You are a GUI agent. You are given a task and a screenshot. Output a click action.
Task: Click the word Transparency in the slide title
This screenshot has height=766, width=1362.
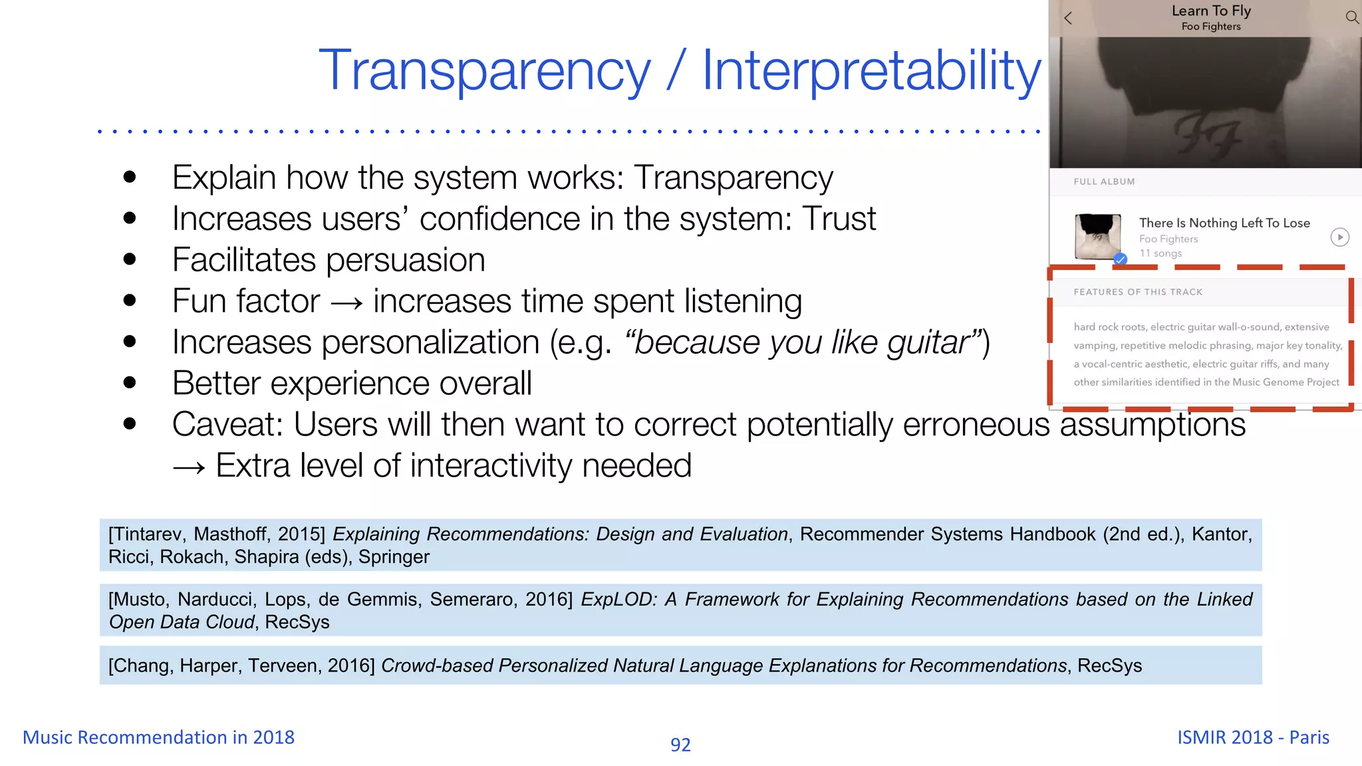click(x=485, y=71)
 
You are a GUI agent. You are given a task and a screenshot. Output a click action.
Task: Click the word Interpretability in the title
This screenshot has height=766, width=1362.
click(x=871, y=71)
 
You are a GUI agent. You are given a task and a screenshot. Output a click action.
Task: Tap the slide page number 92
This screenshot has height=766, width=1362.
click(x=680, y=745)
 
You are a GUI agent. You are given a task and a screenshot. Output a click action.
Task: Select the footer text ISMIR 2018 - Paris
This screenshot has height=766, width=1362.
click(x=1253, y=737)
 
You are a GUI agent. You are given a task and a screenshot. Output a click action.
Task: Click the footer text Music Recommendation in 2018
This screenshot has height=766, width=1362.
click(x=158, y=737)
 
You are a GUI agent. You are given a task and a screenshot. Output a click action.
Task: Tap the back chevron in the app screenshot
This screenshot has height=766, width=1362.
click(x=1068, y=19)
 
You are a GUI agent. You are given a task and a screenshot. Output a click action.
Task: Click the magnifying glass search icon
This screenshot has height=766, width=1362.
click(x=1352, y=17)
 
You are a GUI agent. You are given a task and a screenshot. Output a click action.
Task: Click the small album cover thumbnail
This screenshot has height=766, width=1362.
click(x=1097, y=236)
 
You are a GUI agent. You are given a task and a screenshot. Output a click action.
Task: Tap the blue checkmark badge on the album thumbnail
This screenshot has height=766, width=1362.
click(x=1121, y=259)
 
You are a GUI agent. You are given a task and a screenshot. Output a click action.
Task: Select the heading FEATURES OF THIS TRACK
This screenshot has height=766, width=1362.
click(x=1138, y=292)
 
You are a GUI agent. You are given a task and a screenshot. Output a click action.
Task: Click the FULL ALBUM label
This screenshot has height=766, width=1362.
click(x=1104, y=182)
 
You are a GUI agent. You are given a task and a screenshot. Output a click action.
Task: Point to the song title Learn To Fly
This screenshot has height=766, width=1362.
click(x=1211, y=11)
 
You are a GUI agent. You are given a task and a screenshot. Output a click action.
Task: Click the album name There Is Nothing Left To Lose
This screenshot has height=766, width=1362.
click(x=1224, y=223)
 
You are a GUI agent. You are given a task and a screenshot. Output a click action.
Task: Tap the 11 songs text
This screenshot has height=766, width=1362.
click(x=1160, y=253)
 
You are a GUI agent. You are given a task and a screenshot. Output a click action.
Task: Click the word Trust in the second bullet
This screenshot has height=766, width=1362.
click(x=839, y=219)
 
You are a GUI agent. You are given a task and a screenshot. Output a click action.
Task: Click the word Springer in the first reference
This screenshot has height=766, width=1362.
click(x=394, y=557)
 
